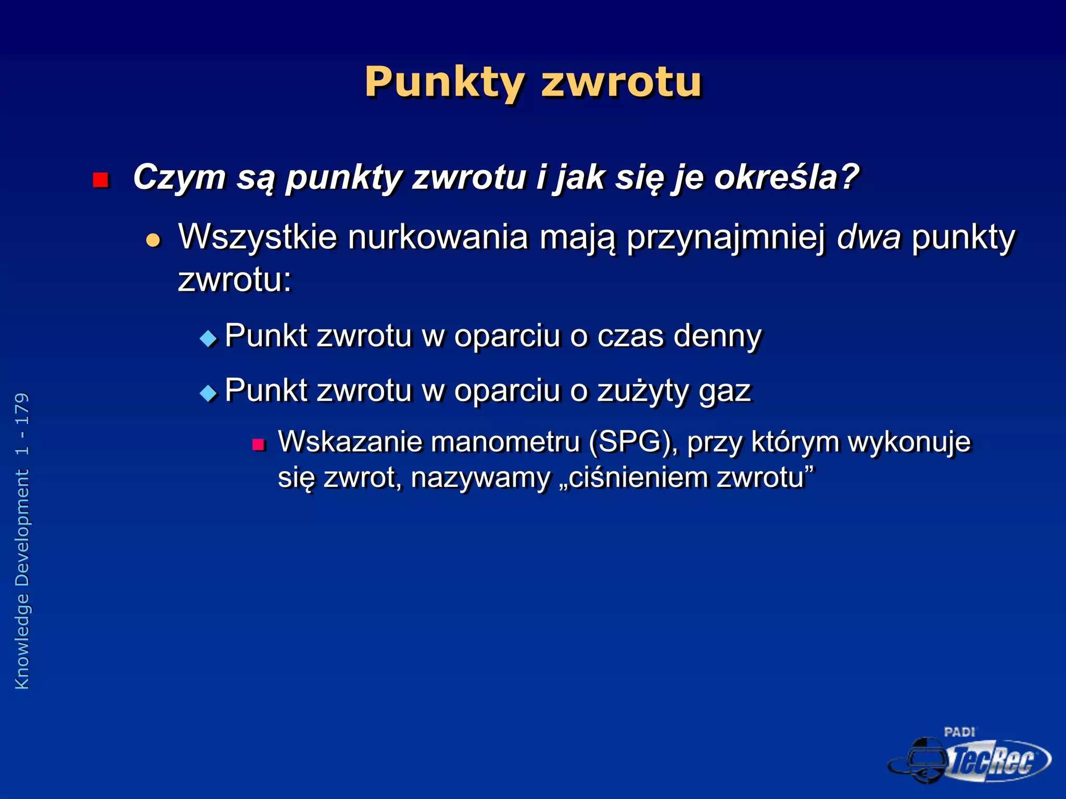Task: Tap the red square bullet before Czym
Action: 100,180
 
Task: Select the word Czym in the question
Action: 179,178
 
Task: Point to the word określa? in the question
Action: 786,178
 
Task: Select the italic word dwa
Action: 868,238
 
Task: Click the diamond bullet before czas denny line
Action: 208,339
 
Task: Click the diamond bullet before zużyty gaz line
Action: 208,393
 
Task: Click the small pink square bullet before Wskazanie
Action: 259,444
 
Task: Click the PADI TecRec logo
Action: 970,757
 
